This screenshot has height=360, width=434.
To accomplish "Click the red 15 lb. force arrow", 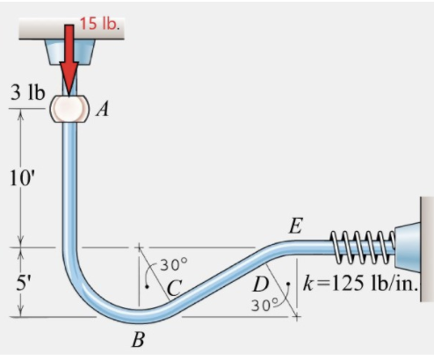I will (x=69, y=61).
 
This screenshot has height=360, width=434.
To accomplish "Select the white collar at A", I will (x=69, y=108).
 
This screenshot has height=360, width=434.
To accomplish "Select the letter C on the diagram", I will (x=174, y=286).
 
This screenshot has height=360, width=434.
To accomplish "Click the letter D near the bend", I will (x=260, y=284).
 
